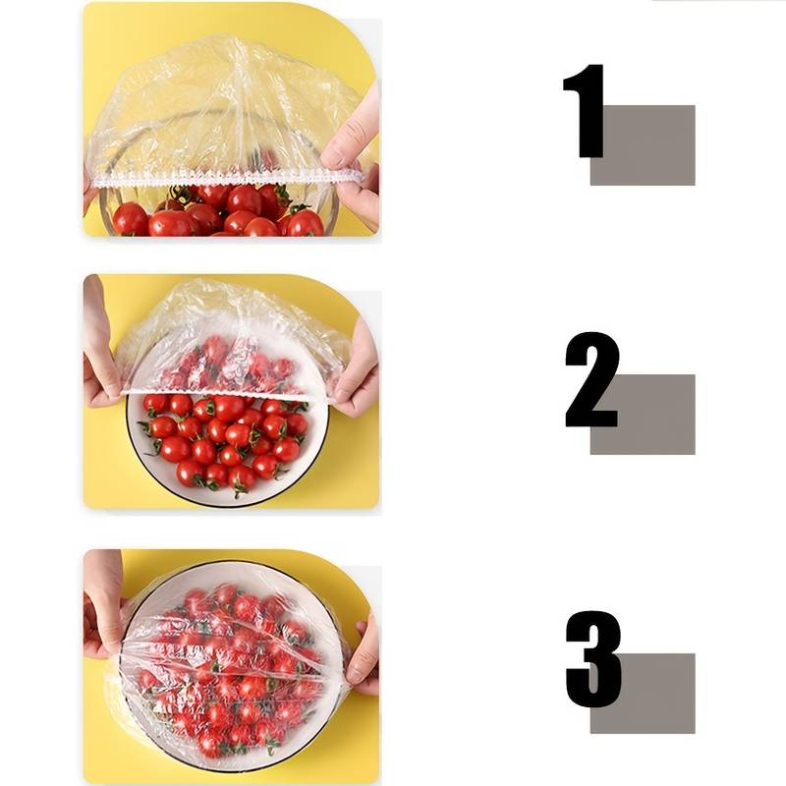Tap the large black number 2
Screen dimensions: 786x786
point(591,379)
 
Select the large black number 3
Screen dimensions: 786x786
point(593,658)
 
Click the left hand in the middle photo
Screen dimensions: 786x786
point(102,351)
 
